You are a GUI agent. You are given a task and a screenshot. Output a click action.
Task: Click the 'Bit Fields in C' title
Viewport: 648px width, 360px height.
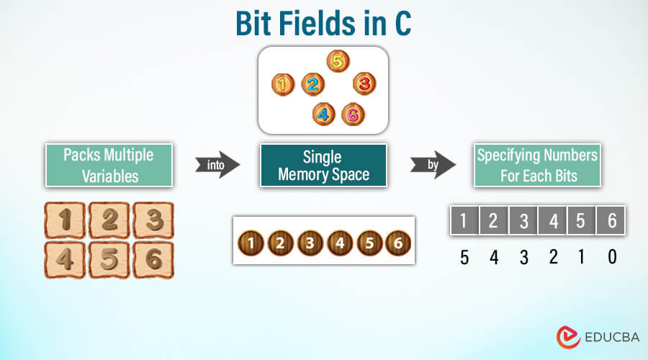point(323,24)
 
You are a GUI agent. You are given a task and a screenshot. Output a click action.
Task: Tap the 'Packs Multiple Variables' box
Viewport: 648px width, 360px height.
point(109,166)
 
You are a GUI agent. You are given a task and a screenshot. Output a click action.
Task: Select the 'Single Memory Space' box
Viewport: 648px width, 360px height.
point(323,166)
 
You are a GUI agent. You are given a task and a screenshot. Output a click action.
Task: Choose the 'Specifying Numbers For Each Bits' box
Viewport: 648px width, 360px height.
point(538,166)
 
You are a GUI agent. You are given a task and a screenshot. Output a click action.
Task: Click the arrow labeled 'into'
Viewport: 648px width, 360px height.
point(217,164)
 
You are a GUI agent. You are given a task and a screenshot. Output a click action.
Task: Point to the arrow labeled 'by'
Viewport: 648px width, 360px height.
point(433,164)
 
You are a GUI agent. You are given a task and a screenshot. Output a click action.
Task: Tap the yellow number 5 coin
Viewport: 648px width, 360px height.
point(337,61)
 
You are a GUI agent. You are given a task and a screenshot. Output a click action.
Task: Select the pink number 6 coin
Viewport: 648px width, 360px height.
point(351,114)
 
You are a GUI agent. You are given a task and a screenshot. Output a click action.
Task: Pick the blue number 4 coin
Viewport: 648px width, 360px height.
point(323,114)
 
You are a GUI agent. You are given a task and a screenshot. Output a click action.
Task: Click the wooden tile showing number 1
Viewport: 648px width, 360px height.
point(65,220)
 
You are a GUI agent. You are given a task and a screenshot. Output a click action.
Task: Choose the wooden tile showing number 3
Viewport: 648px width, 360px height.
point(153,220)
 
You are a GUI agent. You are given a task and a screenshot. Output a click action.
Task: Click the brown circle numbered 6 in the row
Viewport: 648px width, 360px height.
point(397,243)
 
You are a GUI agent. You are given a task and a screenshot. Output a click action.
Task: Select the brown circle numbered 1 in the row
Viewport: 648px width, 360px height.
point(250,243)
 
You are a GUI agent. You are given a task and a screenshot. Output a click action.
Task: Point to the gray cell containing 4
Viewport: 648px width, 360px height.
point(553,220)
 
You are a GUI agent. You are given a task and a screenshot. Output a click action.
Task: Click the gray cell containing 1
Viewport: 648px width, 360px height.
point(464,220)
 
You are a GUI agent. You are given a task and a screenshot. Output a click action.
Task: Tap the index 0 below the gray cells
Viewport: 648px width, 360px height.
point(612,257)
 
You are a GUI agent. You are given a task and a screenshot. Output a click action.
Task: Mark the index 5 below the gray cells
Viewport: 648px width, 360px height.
point(464,257)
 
